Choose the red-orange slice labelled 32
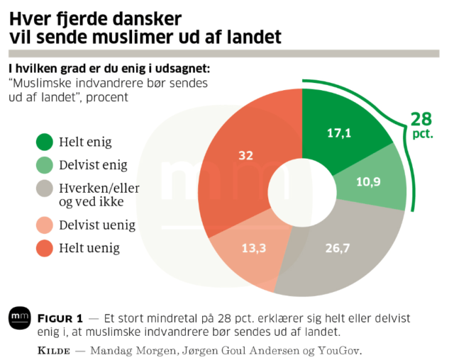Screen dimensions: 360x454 245,156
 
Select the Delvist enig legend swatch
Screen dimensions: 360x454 45,165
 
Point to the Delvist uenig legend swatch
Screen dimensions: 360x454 45,225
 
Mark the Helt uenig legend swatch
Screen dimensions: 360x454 45,248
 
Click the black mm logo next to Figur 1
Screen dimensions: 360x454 20,318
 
